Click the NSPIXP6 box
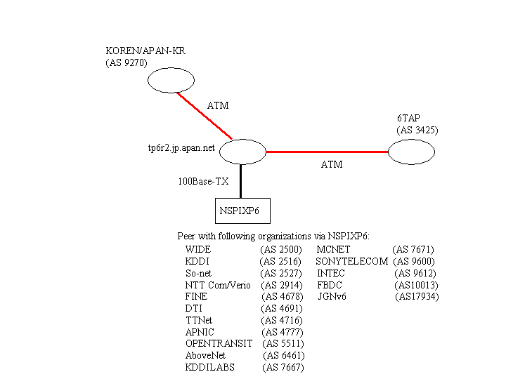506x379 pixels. [242, 210]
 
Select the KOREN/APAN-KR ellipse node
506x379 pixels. [171, 81]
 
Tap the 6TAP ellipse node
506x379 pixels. [411, 151]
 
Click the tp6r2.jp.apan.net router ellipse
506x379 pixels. [242, 151]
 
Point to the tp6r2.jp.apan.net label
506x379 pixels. [176, 149]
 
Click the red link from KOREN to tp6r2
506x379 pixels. [205, 115]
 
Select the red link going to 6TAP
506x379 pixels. [327, 151]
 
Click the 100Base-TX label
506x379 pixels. [203, 181]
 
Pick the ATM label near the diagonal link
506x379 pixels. [218, 106]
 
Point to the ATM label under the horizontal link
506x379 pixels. [332, 165]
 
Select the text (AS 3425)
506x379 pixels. [417, 131]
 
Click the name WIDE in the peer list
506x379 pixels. [198, 249]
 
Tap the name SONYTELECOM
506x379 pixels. [352, 261]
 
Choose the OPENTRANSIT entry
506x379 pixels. [219, 344]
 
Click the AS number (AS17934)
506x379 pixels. [417, 297]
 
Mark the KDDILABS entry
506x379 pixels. [209, 368]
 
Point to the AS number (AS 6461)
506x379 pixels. [285, 356]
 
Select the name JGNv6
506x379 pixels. [332, 297]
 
